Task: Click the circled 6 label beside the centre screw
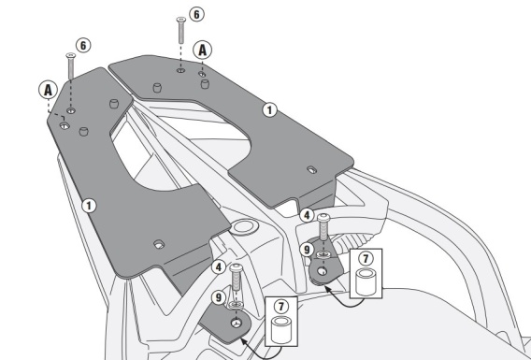pos(196,15)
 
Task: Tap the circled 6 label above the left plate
pos(83,46)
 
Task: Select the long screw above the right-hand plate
pos(181,30)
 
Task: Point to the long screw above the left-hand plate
pos(70,66)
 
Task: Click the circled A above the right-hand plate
pos(202,50)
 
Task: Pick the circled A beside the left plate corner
pos(48,90)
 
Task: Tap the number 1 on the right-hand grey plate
pos(269,110)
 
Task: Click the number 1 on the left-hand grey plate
pos(89,206)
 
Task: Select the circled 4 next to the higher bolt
pos(307,215)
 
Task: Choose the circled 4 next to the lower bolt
pos(219,267)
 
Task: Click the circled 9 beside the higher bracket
pos(307,250)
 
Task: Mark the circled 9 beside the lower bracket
pos(219,297)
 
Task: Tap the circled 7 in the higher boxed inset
pos(366,259)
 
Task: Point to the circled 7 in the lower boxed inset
pos(281,307)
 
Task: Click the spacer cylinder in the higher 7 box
pos(366,281)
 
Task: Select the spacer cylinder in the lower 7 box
pos(281,329)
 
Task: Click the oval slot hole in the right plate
pos(312,169)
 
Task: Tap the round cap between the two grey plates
pos(243,227)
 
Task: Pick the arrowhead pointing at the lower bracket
pos(243,341)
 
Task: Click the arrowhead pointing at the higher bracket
pos(328,289)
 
